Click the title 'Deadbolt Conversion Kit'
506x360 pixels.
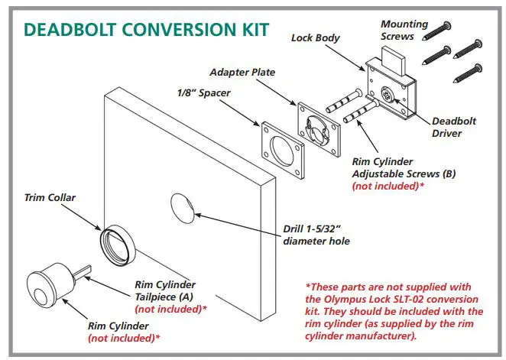pyautogui.click(x=146, y=29)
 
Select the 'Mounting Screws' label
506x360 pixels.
pyautogui.click(x=404, y=30)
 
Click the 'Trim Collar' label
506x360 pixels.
pyautogui.click(x=47, y=197)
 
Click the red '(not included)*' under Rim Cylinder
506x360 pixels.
pyautogui.click(x=124, y=337)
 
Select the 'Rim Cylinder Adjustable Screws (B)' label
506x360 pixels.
pyautogui.click(x=404, y=167)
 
